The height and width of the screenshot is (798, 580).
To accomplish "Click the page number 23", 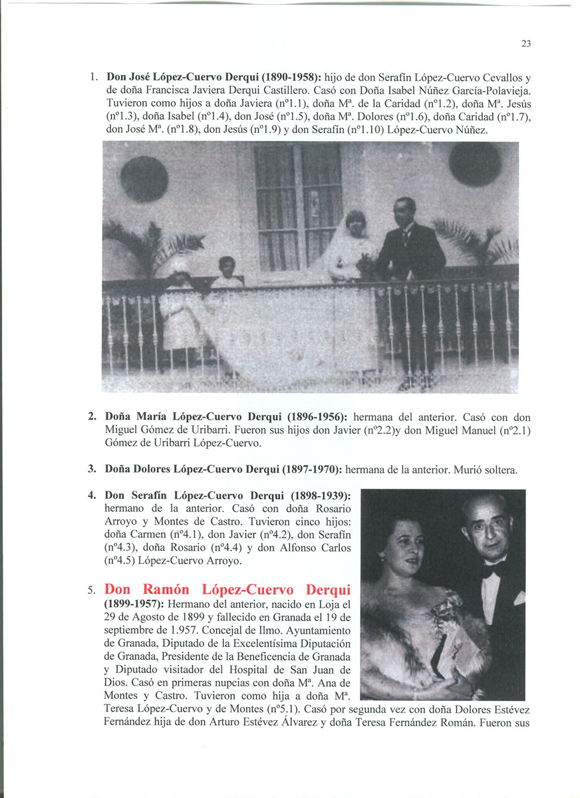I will (x=525, y=44).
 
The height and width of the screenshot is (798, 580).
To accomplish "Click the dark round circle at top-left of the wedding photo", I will (x=144, y=178).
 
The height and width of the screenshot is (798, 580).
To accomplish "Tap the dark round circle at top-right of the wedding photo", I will (x=474, y=164).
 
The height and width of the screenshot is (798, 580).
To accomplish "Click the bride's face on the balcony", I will (x=355, y=224).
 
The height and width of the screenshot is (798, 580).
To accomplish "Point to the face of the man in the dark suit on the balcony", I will (x=404, y=212).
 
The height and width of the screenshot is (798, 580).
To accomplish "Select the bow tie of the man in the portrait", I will (x=495, y=571).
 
